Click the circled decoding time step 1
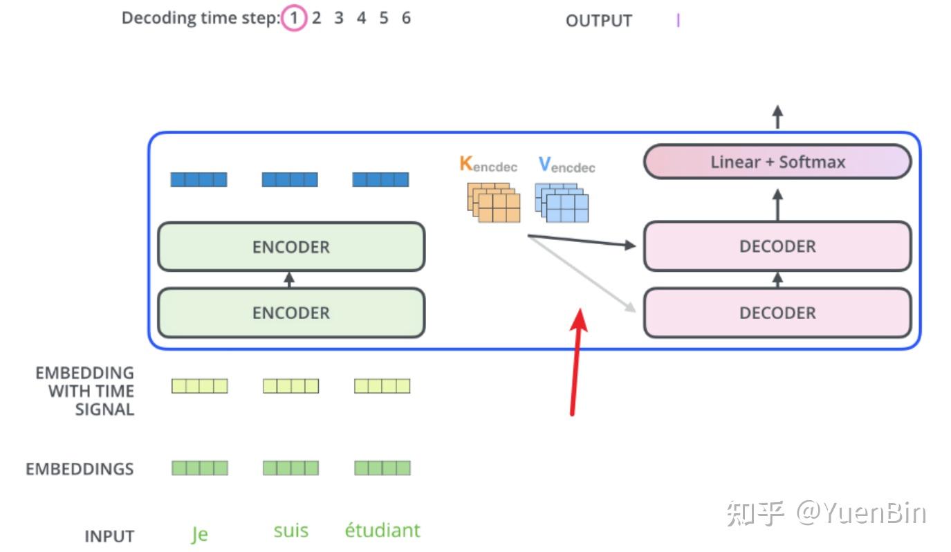click(293, 19)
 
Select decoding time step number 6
click(406, 18)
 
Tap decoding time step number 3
click(339, 18)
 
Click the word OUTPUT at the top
click(598, 21)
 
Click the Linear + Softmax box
click(777, 162)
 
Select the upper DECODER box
click(777, 246)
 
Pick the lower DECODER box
click(777, 313)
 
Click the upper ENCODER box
click(291, 247)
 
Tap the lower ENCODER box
click(291, 313)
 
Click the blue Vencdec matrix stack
click(562, 202)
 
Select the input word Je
click(199, 534)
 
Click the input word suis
click(290, 531)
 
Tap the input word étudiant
click(382, 531)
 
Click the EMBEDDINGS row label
click(80, 469)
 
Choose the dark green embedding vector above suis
click(290, 468)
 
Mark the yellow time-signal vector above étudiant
click(382, 386)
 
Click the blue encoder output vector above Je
click(199, 180)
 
